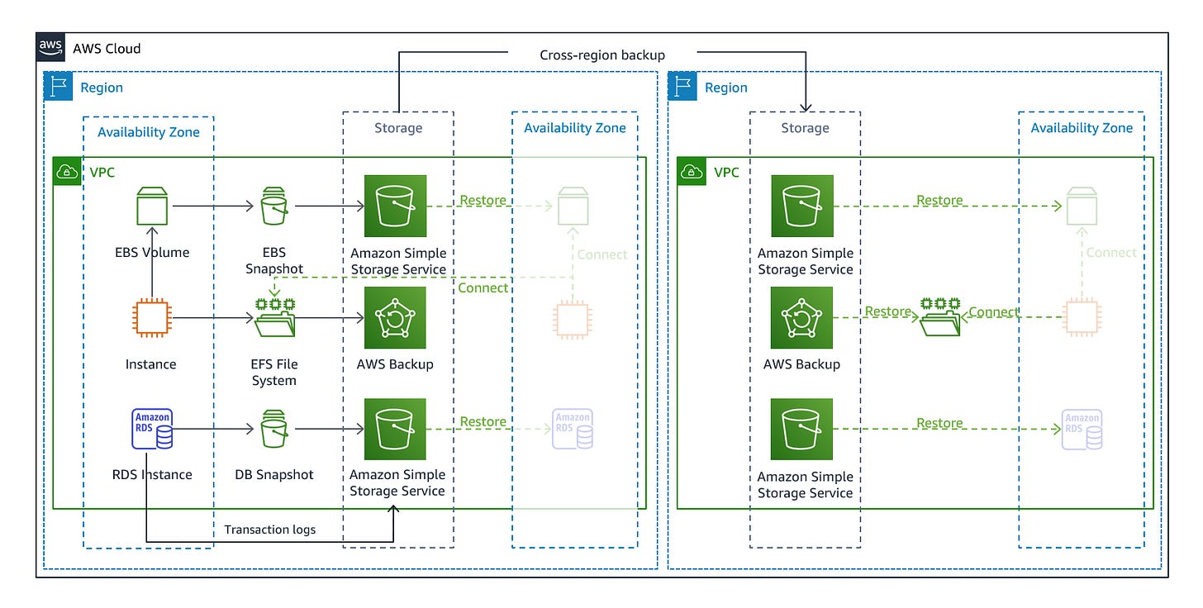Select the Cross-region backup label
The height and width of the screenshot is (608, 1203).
(602, 55)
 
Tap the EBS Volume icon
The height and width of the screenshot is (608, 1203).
(152, 206)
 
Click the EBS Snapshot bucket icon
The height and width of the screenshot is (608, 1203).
(273, 206)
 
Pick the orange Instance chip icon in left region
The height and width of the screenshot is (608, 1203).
(152, 318)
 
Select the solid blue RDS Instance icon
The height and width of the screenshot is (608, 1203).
(152, 429)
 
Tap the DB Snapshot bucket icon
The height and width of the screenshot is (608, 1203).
(273, 429)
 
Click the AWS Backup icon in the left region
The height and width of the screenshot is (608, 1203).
(396, 318)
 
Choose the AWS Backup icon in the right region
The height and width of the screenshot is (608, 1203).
(801, 318)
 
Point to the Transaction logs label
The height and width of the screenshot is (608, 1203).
(270, 530)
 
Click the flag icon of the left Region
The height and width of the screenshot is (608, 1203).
(59, 88)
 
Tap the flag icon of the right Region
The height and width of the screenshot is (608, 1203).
(682, 88)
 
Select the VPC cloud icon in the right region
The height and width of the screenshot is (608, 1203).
(691, 172)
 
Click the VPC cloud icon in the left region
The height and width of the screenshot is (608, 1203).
(66, 172)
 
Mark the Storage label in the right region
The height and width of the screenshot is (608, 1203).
(805, 128)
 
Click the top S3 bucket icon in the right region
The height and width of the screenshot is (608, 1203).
(801, 206)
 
